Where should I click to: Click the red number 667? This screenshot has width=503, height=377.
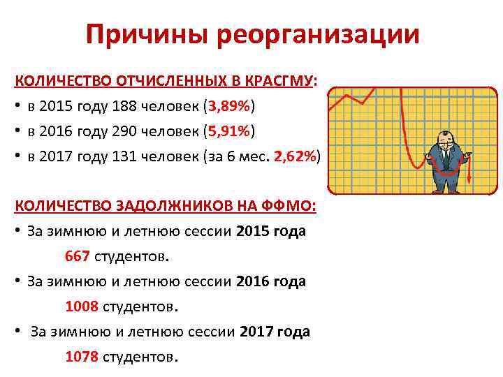[77, 256]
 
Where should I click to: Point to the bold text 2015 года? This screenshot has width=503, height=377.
[271, 231]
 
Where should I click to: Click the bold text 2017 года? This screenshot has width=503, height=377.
[275, 332]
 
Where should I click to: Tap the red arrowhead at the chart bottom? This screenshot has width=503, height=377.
[469, 182]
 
